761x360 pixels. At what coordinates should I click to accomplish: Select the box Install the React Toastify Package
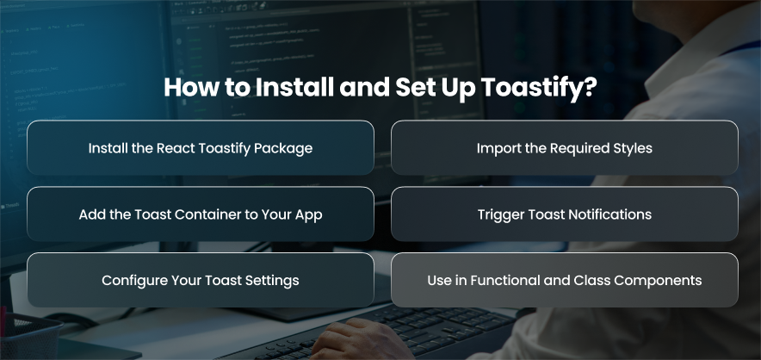click(201, 147)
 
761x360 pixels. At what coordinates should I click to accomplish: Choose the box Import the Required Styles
click(565, 147)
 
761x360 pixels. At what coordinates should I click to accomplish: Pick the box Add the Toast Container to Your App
click(201, 214)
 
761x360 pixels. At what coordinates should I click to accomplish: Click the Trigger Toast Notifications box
click(565, 214)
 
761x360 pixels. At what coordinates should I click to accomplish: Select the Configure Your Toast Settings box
click(201, 280)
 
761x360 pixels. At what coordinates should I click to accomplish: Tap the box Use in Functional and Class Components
click(565, 280)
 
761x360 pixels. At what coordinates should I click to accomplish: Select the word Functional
click(503, 280)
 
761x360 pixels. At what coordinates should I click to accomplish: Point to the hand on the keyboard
click(359, 340)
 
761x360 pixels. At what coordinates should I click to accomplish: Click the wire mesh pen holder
click(29, 338)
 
